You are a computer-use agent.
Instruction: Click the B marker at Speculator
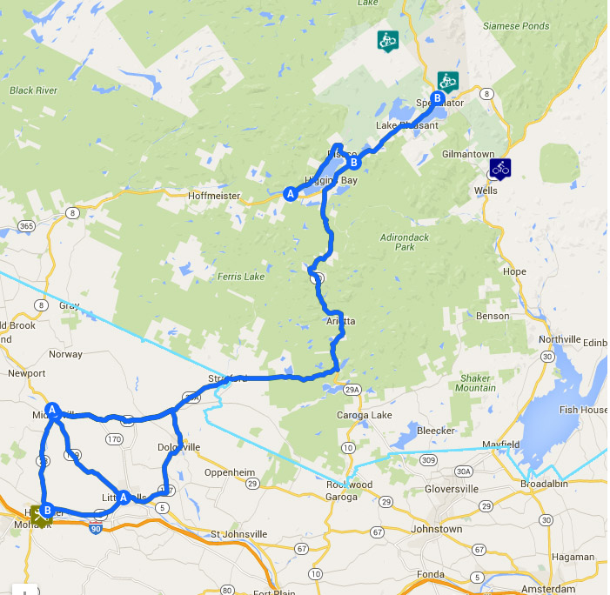pyautogui.click(x=437, y=97)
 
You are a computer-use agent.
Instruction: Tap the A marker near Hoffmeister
pyautogui.click(x=290, y=194)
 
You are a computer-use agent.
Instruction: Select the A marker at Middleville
pyautogui.click(x=52, y=409)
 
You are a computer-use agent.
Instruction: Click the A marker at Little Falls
pyautogui.click(x=124, y=498)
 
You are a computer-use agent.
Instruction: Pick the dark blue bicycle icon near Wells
pyautogui.click(x=499, y=168)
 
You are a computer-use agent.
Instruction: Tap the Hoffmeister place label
pyautogui.click(x=213, y=196)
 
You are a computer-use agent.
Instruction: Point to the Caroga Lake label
pyautogui.click(x=364, y=415)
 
